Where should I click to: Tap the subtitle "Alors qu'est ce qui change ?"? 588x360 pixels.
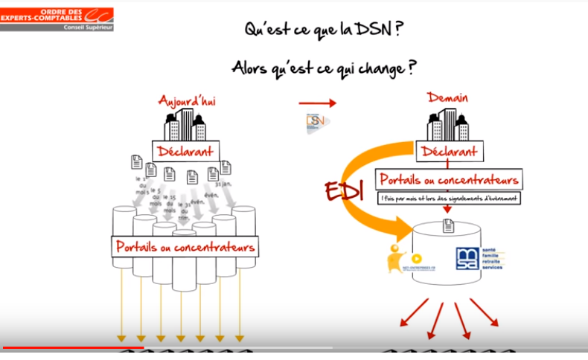[x=324, y=68]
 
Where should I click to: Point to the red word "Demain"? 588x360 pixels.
[x=448, y=98]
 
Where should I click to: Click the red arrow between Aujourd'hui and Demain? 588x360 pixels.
[x=317, y=103]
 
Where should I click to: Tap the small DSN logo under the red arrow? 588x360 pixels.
[x=317, y=123]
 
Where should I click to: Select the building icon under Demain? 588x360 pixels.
[x=447, y=124]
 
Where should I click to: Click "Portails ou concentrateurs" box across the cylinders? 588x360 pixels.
[x=186, y=247]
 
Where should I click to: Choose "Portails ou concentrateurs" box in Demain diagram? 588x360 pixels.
[x=449, y=179]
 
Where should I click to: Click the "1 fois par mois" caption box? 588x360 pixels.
[x=449, y=199]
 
